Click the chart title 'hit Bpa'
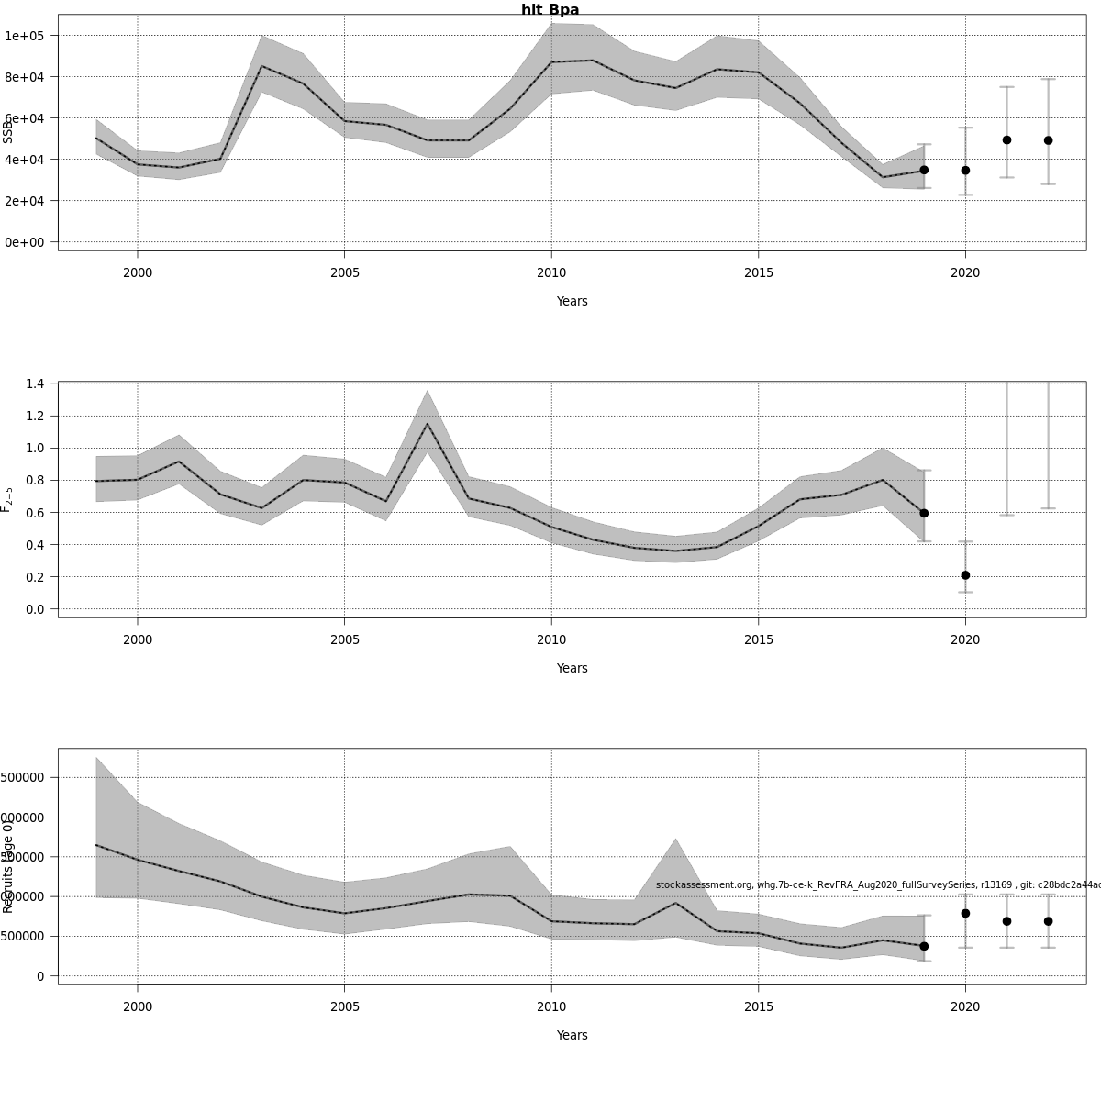(x=550, y=10)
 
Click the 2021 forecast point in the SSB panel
(x=1006, y=140)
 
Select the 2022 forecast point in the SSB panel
(x=1048, y=140)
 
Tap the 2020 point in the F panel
(x=965, y=575)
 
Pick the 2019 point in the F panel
(x=924, y=514)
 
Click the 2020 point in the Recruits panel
(x=965, y=914)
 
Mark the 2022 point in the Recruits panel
(x=1048, y=921)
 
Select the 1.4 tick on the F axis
(x=35, y=384)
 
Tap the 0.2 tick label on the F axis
(x=35, y=577)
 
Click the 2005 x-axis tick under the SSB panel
(x=344, y=272)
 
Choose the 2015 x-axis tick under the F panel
(x=758, y=639)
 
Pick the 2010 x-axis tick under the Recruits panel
(x=551, y=1006)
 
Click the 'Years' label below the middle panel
(x=572, y=668)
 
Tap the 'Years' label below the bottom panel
(x=572, y=1035)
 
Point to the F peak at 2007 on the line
(x=427, y=423)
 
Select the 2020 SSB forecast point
(x=965, y=171)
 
